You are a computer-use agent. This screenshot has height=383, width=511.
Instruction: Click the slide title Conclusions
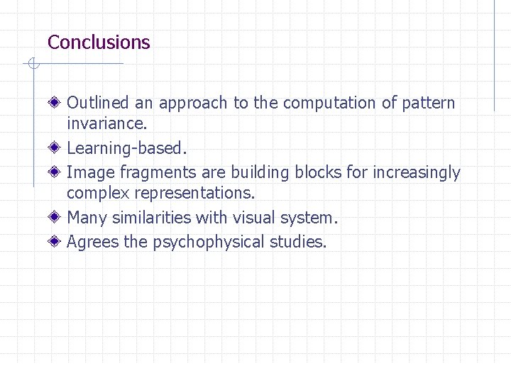pyautogui.click(x=99, y=42)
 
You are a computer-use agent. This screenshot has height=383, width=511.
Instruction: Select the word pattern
pyautogui.click(x=429, y=104)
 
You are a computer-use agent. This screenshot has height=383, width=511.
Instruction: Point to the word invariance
pyautogui.click(x=106, y=123)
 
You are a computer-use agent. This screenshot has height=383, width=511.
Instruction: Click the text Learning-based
pyautogui.click(x=127, y=148)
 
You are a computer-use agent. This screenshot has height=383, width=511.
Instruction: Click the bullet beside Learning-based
pyautogui.click(x=55, y=148)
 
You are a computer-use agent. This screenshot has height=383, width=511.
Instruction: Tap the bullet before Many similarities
pyautogui.click(x=55, y=218)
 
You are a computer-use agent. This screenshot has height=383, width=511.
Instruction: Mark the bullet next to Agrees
pyautogui.click(x=55, y=242)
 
